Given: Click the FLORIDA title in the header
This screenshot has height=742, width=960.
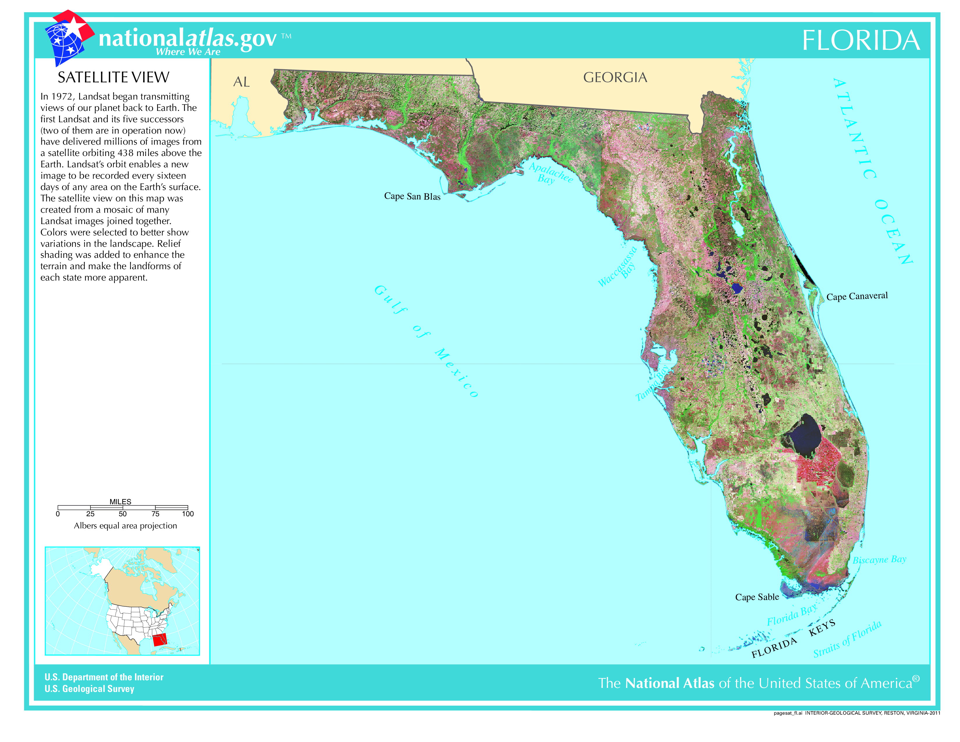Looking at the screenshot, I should coord(861,41).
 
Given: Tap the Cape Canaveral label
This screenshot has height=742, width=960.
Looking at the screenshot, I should coord(857,296).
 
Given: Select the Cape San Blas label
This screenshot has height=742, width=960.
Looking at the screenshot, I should coord(412,196).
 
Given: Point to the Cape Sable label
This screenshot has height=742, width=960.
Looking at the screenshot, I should coord(757,597).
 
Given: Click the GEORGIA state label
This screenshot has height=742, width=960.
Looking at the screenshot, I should coord(615,78).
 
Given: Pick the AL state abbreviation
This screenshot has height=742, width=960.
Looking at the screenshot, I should coord(241,82).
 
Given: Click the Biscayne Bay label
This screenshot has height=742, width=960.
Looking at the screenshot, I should coord(879,560).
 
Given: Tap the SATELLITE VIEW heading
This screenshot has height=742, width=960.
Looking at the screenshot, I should coord(113,78).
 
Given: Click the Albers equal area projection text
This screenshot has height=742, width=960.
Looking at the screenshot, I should coord(125,526).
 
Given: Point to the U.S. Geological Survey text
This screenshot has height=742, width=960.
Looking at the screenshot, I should coord(89,689).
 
